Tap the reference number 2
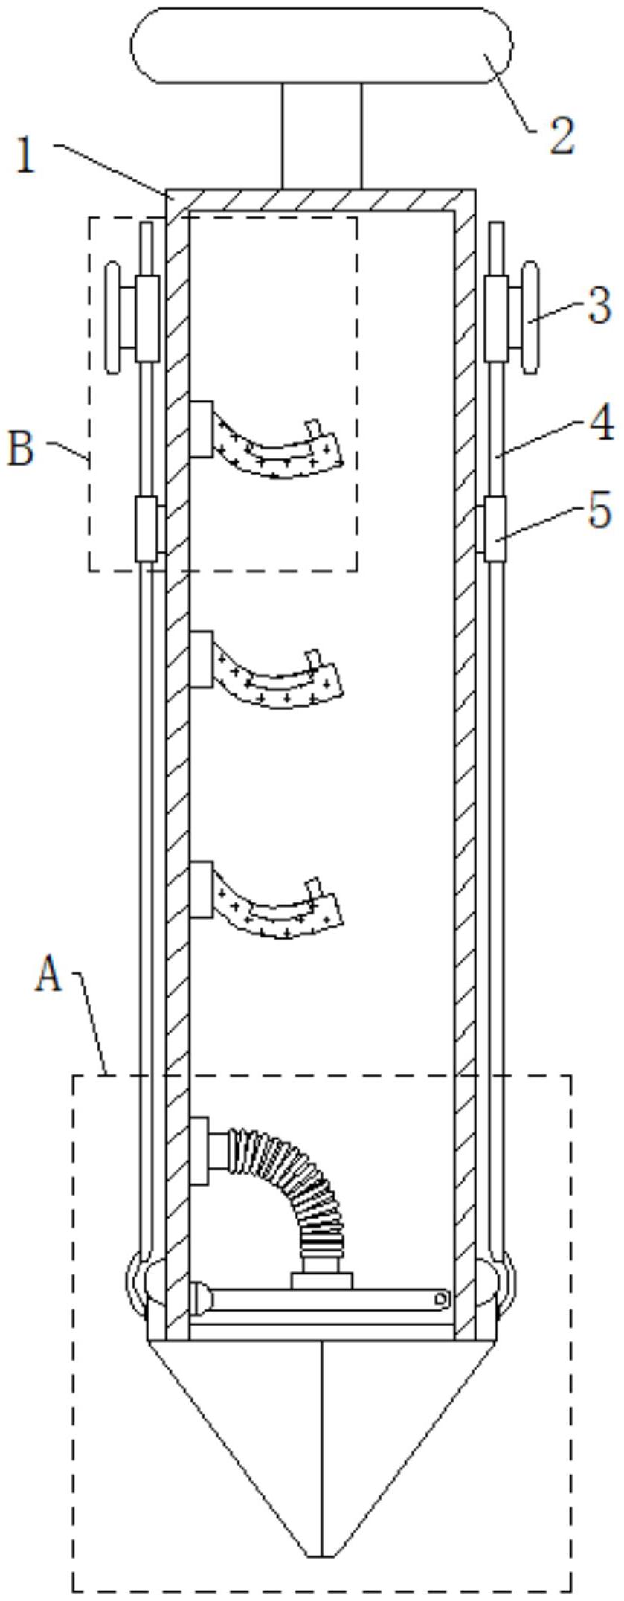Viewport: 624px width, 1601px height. (562, 135)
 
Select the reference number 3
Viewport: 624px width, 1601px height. (599, 306)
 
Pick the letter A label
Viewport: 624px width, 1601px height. (49, 975)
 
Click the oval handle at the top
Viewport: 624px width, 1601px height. (321, 45)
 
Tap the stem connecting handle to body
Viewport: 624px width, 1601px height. (321, 136)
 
